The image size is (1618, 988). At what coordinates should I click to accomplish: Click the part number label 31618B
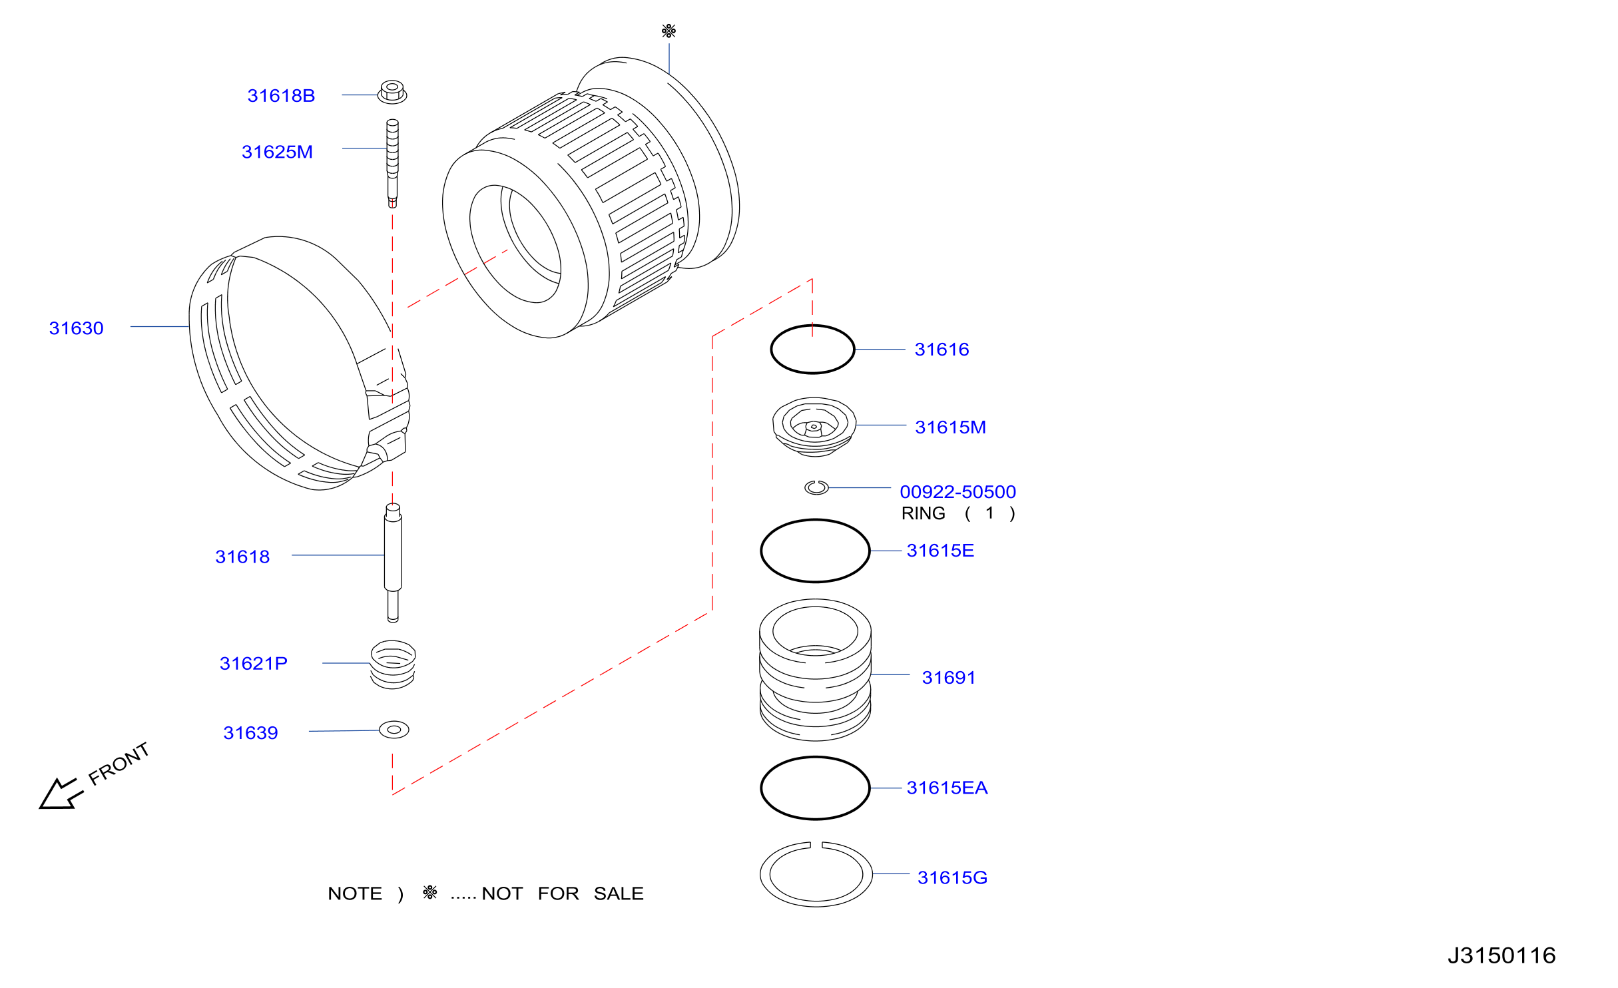point(281,96)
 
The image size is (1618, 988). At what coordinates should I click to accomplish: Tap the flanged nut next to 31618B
point(392,92)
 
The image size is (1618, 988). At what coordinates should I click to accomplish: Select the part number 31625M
point(277,152)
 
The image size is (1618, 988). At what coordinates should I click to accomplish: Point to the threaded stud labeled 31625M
point(393,163)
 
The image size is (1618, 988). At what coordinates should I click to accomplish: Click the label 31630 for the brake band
point(77,328)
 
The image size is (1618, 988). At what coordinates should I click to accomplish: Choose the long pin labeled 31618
point(393,563)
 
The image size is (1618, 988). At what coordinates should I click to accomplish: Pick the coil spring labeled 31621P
point(393,664)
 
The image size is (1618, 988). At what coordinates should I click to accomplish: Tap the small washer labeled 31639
point(394,730)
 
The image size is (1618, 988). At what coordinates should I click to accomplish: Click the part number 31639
point(250,733)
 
